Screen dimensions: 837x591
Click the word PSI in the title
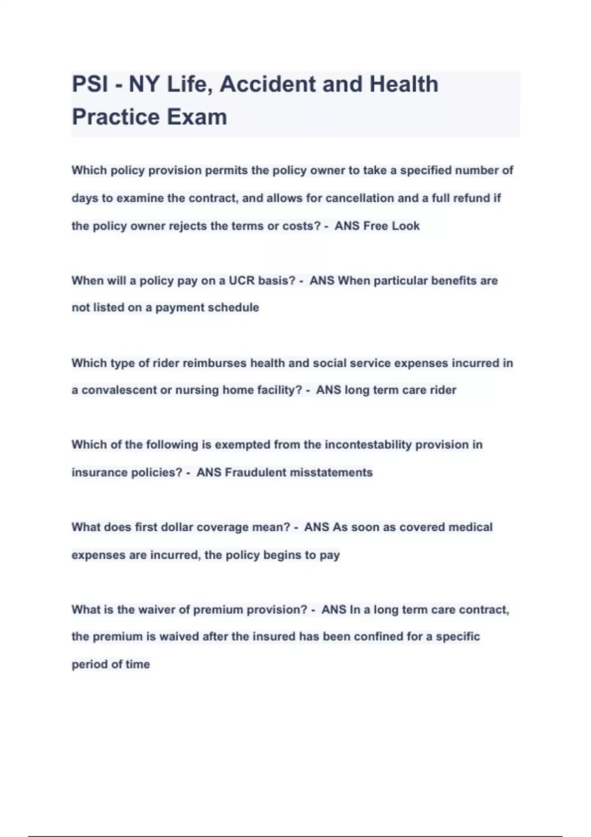click(x=90, y=84)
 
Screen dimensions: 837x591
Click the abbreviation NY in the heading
click(x=144, y=84)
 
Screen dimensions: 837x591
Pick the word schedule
click(x=236, y=308)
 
